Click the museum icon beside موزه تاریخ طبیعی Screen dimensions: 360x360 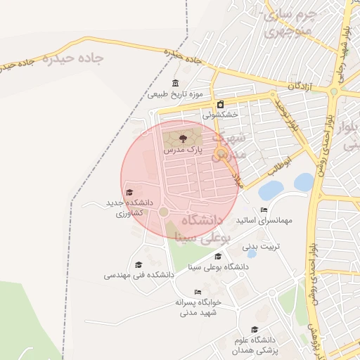pyautogui.click(x=175, y=84)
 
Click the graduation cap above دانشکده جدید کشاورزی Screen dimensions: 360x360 pyautogui.click(x=129, y=193)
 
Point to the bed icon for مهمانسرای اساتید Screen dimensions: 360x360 pyautogui.click(x=264, y=210)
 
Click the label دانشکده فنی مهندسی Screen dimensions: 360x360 pyautogui.click(x=139, y=275)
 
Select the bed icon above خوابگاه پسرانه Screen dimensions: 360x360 pyautogui.click(x=198, y=292)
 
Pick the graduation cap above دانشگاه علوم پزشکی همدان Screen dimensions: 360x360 pyautogui.click(x=254, y=329)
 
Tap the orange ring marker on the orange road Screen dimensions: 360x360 pyautogui.click(x=221, y=153)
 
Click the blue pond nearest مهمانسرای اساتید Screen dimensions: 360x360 pyautogui.click(x=271, y=190)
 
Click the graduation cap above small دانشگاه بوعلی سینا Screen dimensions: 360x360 pyautogui.click(x=218, y=256)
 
